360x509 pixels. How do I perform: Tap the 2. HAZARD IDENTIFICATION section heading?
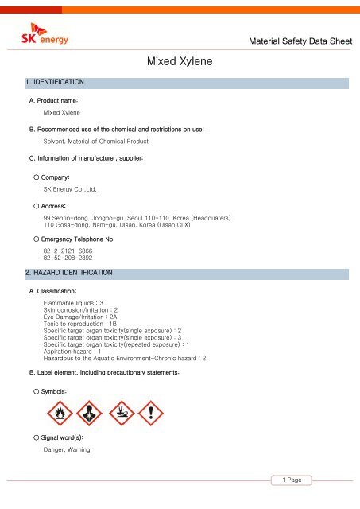pos(68,273)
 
